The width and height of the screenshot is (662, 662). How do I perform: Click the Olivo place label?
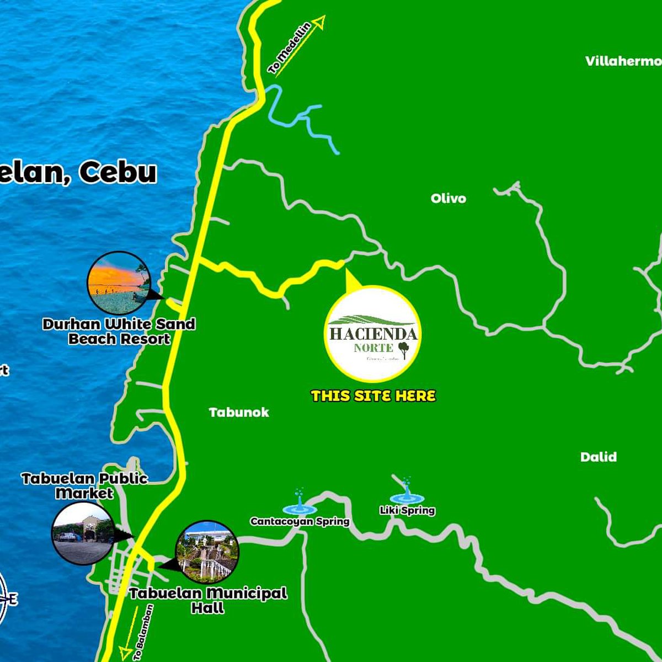[448, 199]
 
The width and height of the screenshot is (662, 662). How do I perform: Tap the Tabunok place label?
[239, 412]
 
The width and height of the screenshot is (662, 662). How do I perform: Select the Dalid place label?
[598, 457]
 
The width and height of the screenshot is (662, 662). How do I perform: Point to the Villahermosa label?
[623, 61]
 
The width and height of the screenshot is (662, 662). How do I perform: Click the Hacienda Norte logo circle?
[373, 333]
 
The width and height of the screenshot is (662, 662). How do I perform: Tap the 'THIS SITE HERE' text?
[373, 396]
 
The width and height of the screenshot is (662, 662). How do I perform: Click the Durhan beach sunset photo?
[119, 282]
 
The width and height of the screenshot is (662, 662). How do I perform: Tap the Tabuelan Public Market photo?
[83, 533]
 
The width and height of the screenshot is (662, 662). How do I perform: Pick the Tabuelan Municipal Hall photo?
[207, 552]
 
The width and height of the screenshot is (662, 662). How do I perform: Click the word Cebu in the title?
[118, 173]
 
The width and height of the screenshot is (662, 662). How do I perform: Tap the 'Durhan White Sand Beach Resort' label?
[119, 331]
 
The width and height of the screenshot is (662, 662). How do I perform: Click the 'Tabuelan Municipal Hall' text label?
[208, 600]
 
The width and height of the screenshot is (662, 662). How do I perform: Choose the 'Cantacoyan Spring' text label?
[300, 521]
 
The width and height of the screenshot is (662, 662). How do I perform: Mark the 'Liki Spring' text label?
[407, 511]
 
